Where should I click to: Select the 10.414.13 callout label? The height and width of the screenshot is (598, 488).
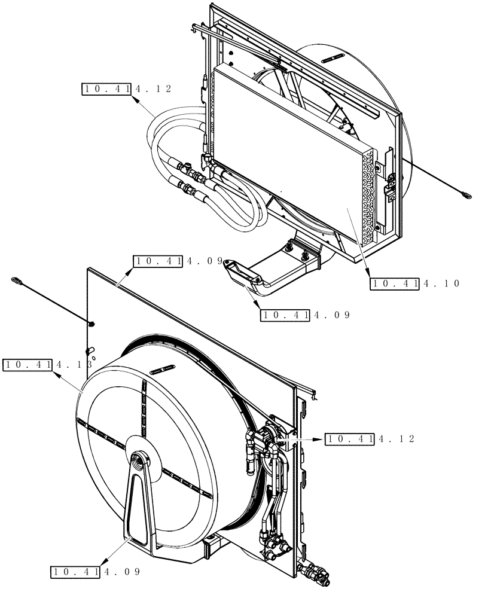[x=48, y=364]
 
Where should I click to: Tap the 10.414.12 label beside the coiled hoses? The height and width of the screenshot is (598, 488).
[x=127, y=89]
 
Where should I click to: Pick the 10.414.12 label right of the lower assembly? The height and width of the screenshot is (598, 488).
[x=370, y=439]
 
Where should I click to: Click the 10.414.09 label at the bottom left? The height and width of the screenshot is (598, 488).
[x=95, y=572]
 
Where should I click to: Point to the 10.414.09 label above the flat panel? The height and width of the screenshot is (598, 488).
[x=178, y=261]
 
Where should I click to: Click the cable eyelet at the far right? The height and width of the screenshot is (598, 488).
[x=466, y=193]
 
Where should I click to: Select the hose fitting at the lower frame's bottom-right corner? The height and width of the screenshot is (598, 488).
[x=315, y=576]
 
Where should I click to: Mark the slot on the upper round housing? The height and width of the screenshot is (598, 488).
[x=333, y=57]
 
